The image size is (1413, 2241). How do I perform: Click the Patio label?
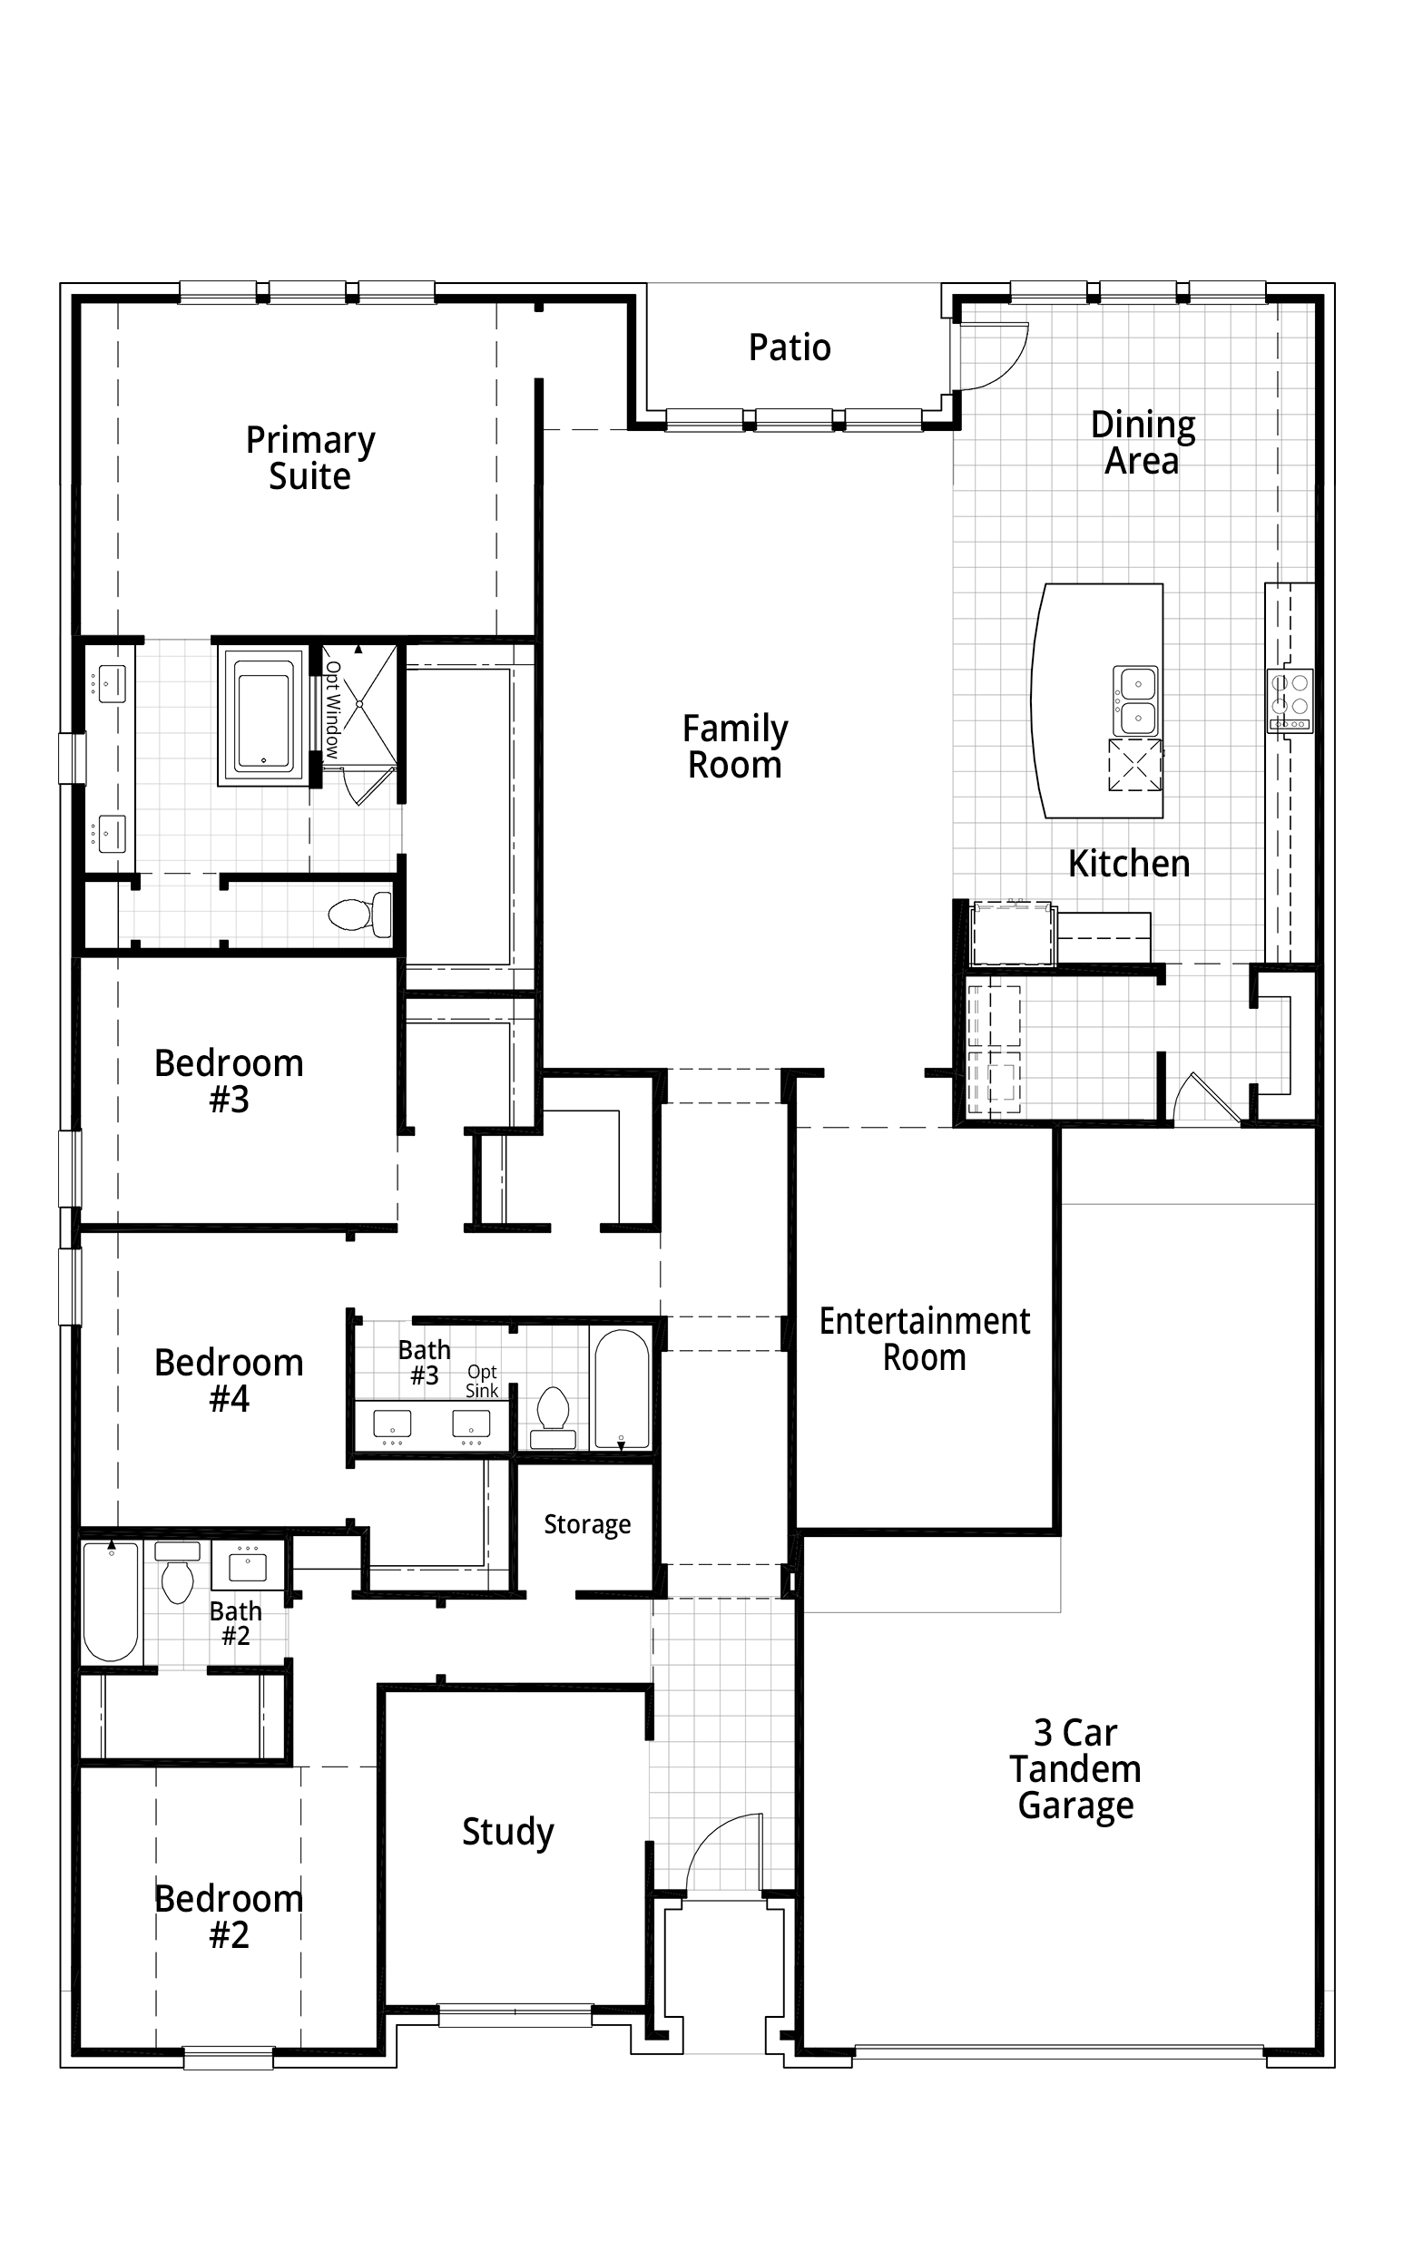790,347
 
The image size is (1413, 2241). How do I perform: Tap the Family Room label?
734,747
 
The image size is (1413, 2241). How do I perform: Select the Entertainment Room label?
925,1339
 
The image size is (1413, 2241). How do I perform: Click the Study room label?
508,1831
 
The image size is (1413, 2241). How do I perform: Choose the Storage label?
587,1524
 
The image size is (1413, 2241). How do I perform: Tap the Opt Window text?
333,709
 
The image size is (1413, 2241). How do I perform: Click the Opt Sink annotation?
482,1381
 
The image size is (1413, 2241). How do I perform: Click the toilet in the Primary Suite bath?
360,914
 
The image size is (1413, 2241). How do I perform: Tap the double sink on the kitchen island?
1136,700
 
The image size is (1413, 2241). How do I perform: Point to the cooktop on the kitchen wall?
1290,700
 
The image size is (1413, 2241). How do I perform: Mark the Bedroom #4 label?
229,1380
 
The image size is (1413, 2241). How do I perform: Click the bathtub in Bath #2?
111,1601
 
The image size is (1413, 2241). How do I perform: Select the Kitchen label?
1128,864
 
